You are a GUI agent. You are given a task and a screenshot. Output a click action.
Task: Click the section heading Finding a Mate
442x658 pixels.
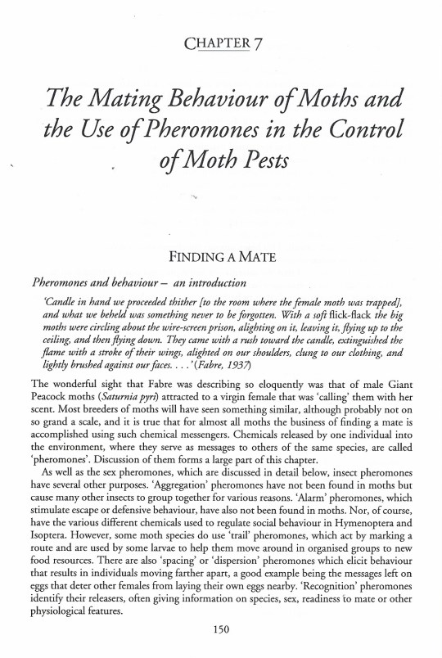220,256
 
